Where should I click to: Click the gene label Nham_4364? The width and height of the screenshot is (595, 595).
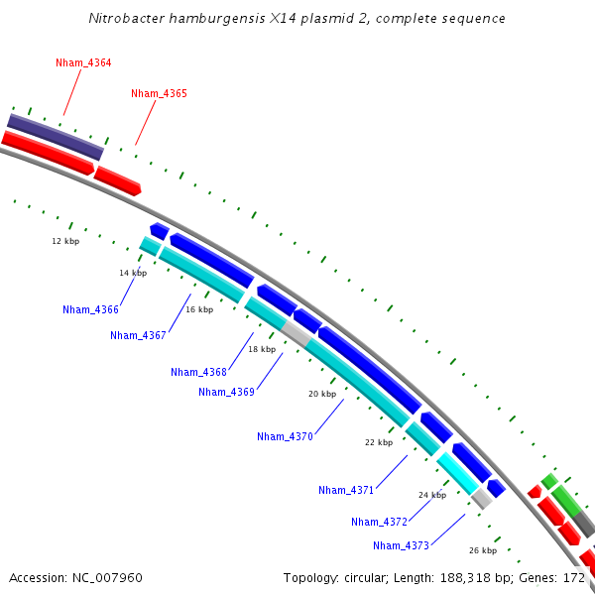[83, 62]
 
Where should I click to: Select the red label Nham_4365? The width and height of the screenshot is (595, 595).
[159, 93]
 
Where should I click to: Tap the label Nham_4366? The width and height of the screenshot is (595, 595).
[90, 310]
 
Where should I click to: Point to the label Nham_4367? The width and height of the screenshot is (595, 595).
[138, 335]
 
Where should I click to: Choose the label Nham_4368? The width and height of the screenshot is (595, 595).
[198, 372]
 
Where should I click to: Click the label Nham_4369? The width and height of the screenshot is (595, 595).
[226, 392]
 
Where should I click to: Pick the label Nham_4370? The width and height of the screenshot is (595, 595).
[285, 436]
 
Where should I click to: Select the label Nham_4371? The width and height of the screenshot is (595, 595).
[346, 490]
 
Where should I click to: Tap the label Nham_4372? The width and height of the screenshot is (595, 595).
[379, 522]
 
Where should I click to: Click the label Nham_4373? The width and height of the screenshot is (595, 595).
[401, 545]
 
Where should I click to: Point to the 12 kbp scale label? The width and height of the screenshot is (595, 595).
[65, 241]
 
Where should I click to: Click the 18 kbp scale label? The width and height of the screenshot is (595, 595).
[262, 349]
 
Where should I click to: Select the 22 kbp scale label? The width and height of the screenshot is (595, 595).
[378, 442]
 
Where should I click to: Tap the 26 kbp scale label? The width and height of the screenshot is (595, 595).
[482, 550]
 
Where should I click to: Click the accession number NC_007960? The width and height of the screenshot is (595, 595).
[110, 577]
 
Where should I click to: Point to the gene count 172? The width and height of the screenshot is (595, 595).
[574, 577]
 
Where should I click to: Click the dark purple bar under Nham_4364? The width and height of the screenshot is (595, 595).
[56, 137]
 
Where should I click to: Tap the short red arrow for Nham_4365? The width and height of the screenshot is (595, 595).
[118, 179]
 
